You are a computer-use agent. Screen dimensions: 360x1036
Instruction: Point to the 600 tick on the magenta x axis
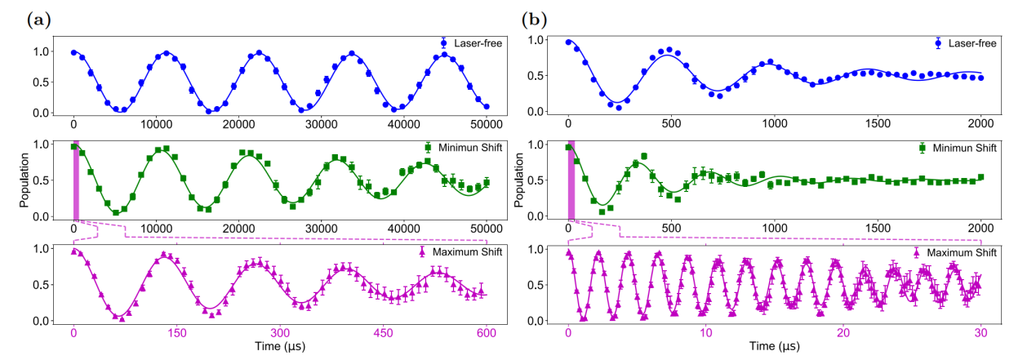[486, 333]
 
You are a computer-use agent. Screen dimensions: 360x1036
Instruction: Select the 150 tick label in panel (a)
[177, 333]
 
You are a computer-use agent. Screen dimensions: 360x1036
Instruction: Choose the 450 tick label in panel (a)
[384, 333]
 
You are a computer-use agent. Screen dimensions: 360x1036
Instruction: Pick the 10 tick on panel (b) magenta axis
[706, 333]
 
